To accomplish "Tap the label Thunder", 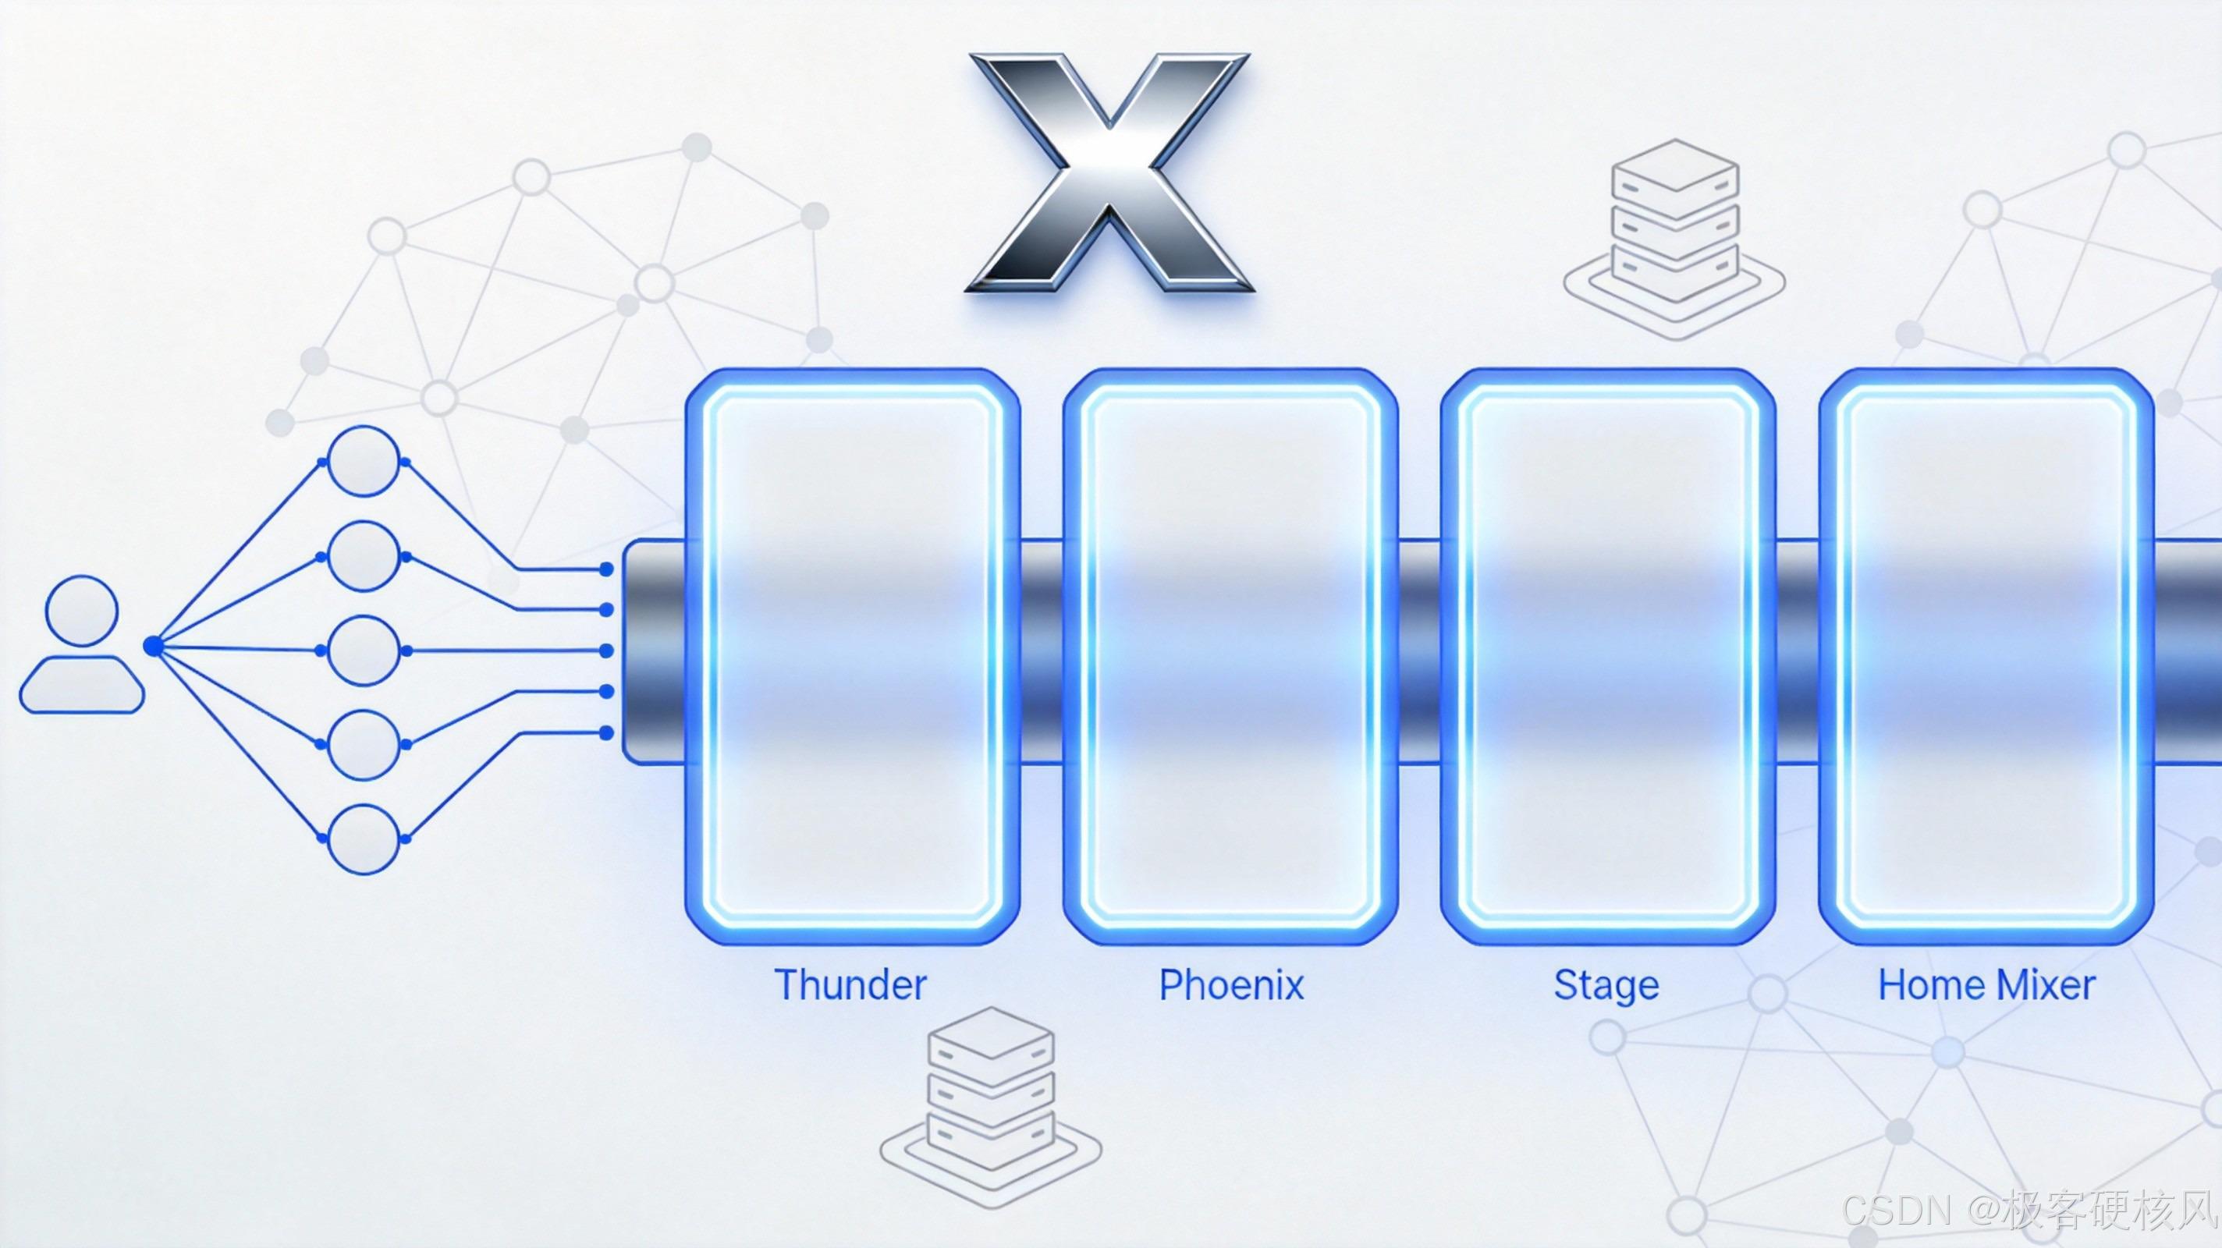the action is point(850,985).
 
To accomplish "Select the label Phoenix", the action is point(1231,985).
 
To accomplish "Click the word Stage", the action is point(1606,985).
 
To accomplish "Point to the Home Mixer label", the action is point(1986,985).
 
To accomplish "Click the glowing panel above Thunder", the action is point(852,655).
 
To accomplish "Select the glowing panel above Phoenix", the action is point(1231,655).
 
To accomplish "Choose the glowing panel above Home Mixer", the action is point(1986,655).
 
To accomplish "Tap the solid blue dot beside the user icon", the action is point(153,646).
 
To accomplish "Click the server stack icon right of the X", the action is point(1674,237).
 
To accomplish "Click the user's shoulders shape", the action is point(82,685).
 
